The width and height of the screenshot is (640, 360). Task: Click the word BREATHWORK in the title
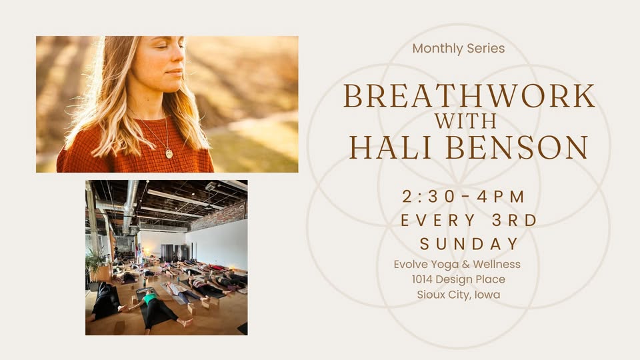(x=469, y=97)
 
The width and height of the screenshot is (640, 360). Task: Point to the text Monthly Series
(x=459, y=49)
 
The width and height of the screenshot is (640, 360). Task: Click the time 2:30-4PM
(x=464, y=197)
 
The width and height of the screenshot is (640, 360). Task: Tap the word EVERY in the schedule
(x=439, y=221)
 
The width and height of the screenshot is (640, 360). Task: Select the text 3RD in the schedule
(x=513, y=221)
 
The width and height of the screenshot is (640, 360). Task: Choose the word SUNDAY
(x=469, y=244)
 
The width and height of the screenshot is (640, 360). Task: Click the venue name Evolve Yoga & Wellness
(x=457, y=265)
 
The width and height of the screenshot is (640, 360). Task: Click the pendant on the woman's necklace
(x=169, y=153)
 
